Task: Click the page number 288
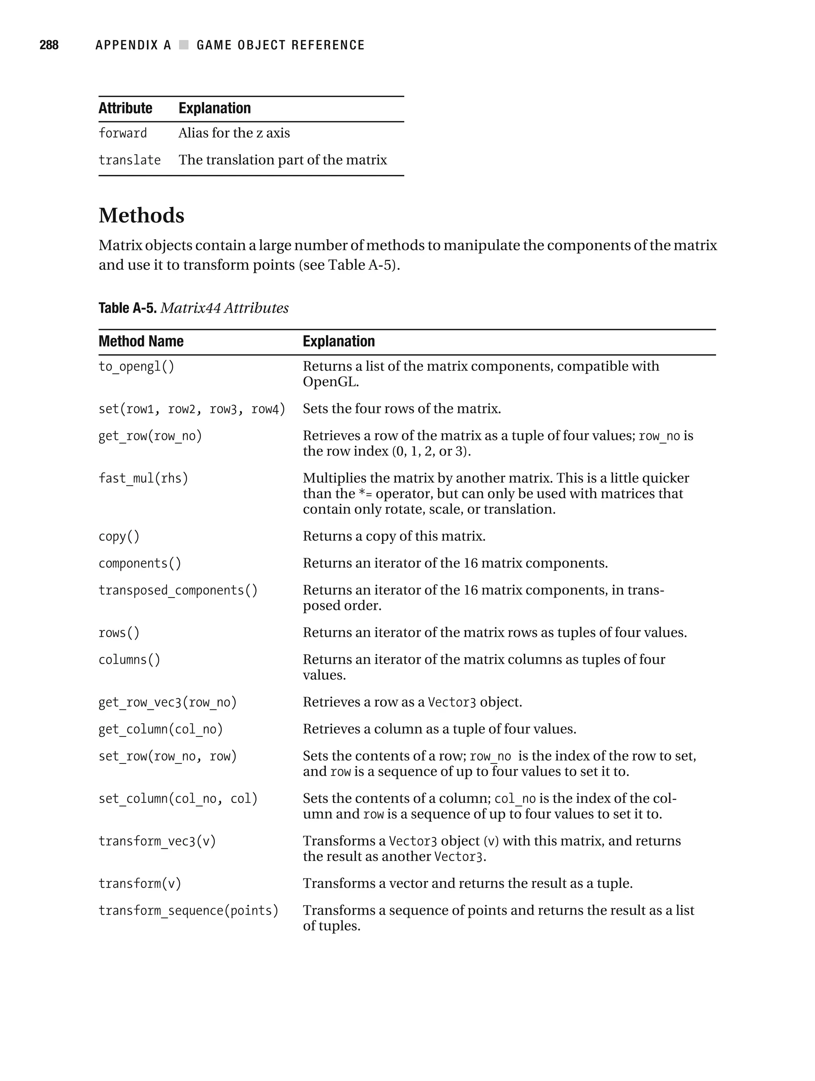(49, 45)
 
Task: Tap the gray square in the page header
(184, 45)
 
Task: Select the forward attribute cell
(123, 133)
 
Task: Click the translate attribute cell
(130, 160)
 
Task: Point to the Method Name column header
(141, 341)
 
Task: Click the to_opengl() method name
(136, 366)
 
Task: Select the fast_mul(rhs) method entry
(143, 478)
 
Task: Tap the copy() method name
(119, 536)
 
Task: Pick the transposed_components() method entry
(178, 590)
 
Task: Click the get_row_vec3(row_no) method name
(168, 702)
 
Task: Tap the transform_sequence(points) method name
(189, 910)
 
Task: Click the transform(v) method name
(140, 884)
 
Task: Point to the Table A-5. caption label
(127, 308)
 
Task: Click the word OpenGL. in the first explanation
(331, 382)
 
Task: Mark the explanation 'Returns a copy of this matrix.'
(394, 536)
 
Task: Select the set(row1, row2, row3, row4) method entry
(192, 409)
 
